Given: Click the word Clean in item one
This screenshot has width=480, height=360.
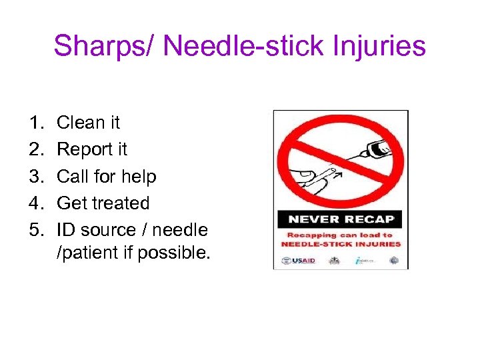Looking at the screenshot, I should point(80,123).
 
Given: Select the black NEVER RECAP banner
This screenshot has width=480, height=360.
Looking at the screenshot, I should point(341,219).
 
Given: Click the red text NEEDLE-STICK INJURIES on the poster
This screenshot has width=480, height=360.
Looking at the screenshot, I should point(341,243).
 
